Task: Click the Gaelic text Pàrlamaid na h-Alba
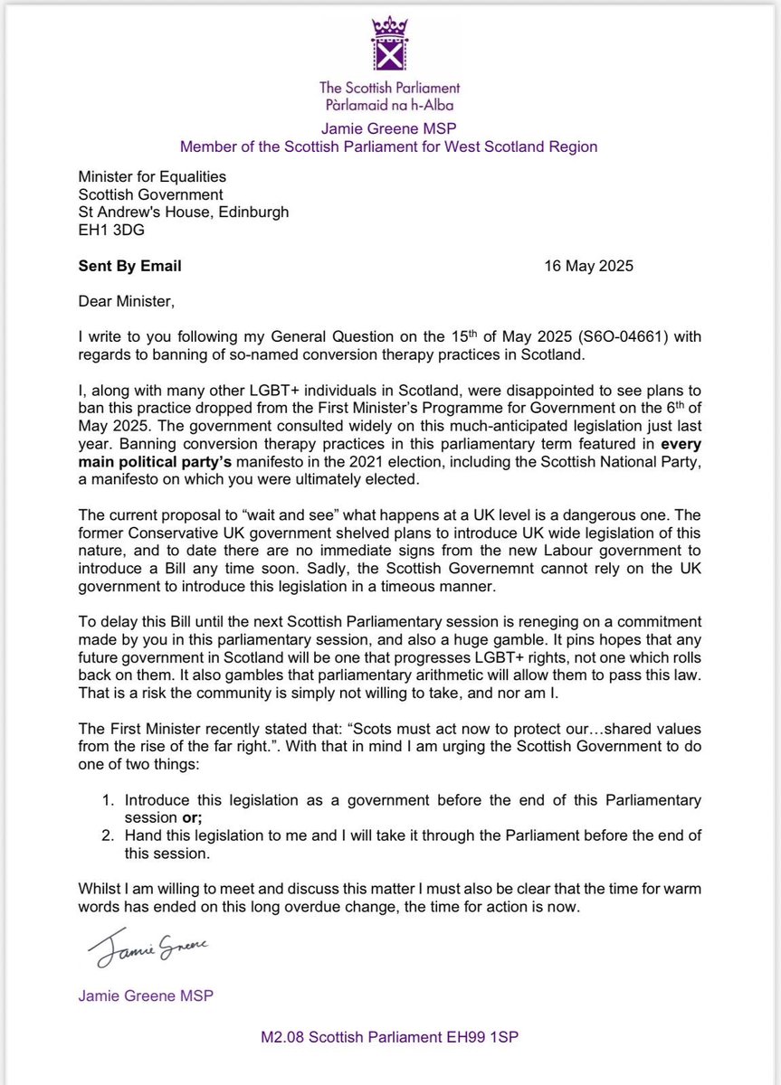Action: point(390,104)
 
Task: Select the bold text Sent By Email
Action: point(129,266)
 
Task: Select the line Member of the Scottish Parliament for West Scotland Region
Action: point(390,146)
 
